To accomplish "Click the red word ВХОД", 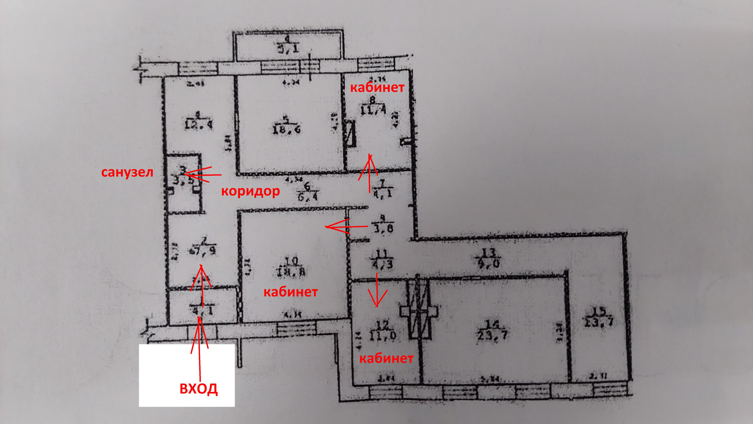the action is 198,389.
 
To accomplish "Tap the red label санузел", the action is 127,172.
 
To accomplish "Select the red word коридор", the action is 250,191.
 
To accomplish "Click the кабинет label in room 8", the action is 377,87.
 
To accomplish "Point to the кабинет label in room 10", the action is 290,292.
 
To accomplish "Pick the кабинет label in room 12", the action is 386,358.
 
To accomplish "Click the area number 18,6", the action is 287,129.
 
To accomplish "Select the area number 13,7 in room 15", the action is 598,322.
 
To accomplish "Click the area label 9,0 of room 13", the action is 489,263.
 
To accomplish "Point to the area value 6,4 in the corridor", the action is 307,197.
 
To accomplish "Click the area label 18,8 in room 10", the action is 291,272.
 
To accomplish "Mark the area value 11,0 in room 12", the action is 382,335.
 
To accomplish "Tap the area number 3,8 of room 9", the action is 384,229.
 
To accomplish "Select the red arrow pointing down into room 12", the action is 377,290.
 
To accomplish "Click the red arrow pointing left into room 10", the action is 345,227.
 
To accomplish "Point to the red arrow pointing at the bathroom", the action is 200,175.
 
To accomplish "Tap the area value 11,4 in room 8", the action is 373,110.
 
